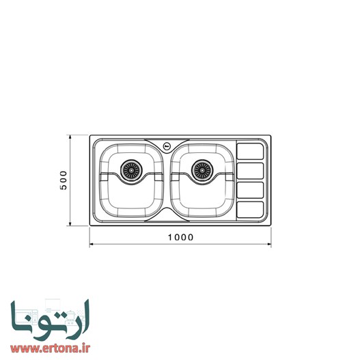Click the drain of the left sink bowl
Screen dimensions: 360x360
[x=130, y=171]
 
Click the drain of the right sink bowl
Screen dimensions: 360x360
[x=202, y=171]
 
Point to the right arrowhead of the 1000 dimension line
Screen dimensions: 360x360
[x=269, y=244]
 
